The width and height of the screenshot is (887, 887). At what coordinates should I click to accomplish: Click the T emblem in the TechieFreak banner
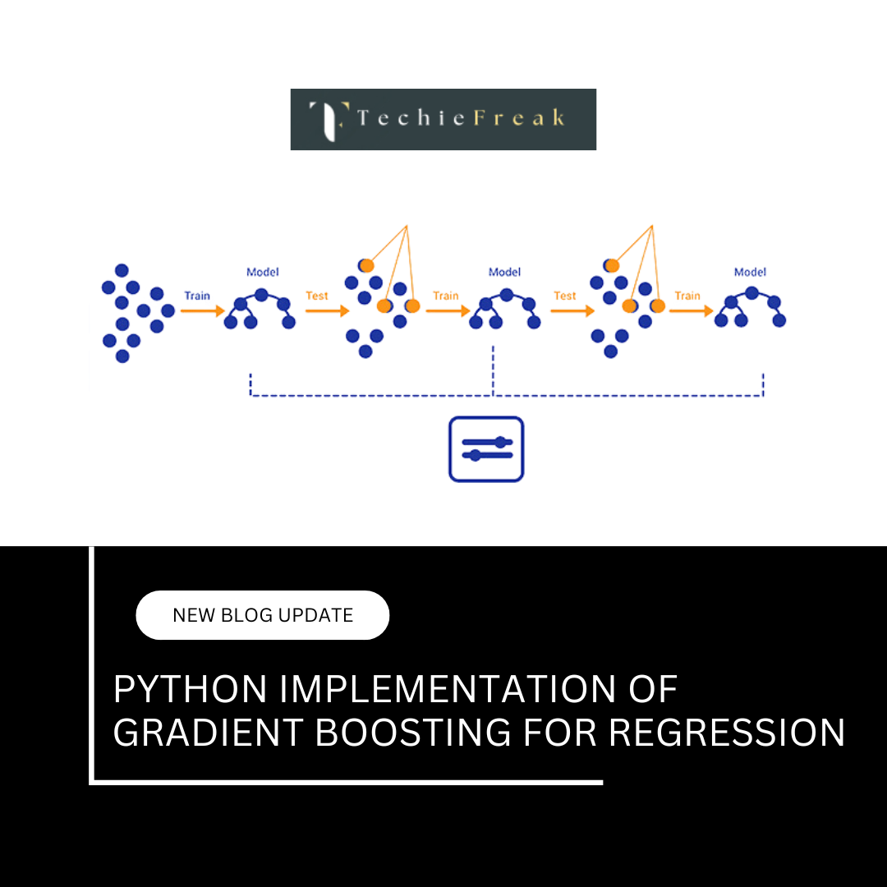[329, 120]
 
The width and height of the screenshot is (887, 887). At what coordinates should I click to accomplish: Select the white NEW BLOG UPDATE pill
[262, 615]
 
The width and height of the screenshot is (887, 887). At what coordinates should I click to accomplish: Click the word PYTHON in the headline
[191, 690]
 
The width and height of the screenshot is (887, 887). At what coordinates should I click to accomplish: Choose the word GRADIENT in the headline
[207, 733]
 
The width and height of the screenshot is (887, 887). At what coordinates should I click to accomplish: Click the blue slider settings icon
[486, 448]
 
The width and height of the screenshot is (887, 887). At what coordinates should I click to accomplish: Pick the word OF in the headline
[655, 690]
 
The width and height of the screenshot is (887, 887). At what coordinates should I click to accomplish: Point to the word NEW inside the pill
[194, 615]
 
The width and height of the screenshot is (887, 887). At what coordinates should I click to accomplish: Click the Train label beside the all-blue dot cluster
[197, 296]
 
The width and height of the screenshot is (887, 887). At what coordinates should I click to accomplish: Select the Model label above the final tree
[750, 272]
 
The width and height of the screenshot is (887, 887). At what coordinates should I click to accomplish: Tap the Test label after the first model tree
[317, 296]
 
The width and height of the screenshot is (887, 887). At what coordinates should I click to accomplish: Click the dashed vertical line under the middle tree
[493, 370]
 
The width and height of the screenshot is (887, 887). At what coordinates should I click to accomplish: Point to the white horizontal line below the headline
[345, 782]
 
